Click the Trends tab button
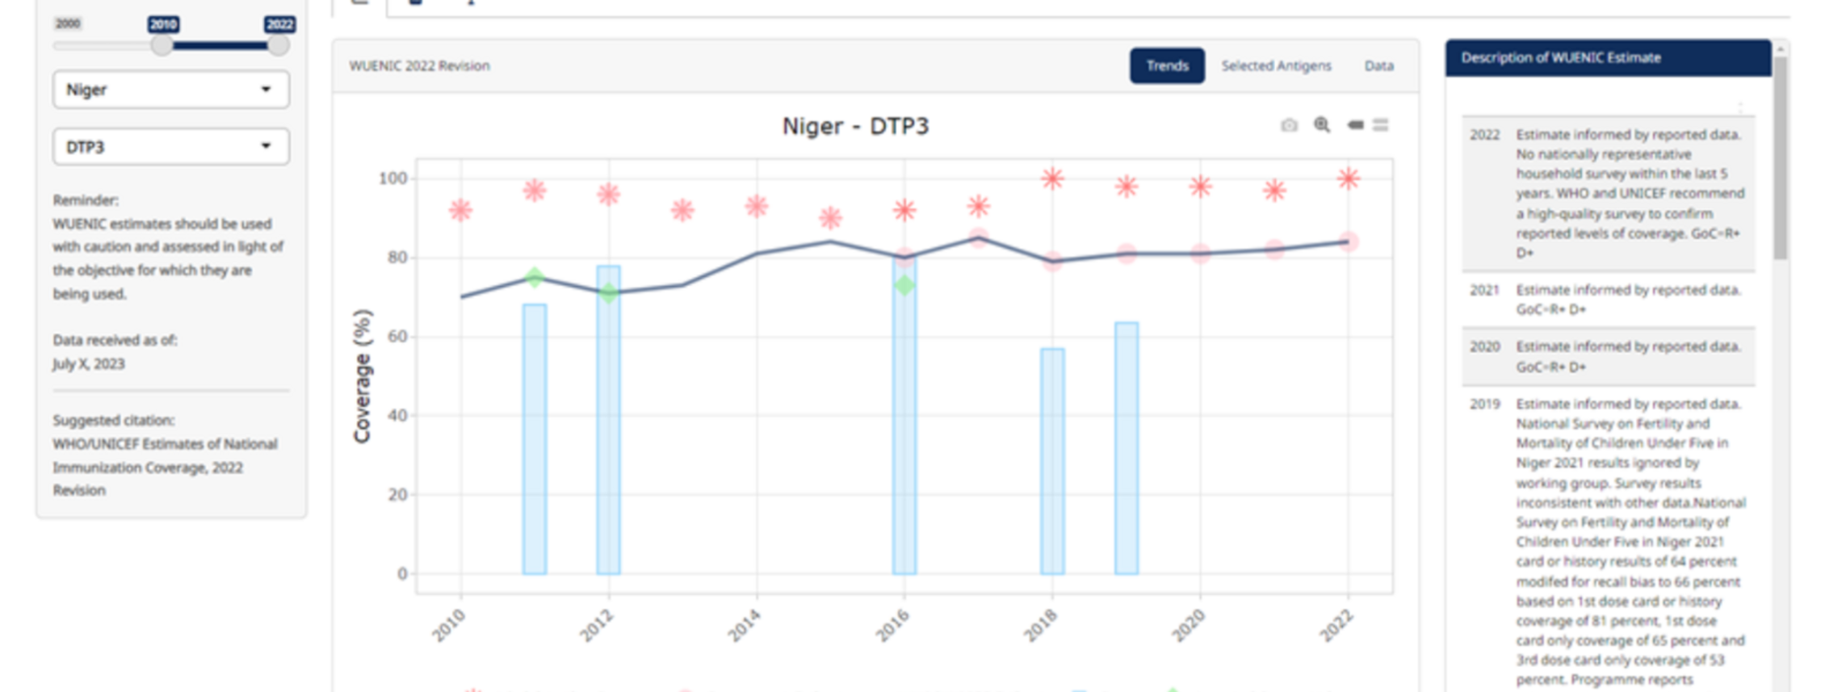tap(1166, 65)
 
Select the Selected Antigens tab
tap(1275, 65)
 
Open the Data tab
tap(1378, 65)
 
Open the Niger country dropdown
tap(170, 90)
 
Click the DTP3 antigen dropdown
tap(170, 147)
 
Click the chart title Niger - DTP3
tap(855, 126)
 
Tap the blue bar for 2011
tap(534, 439)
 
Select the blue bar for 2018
tap(1051, 461)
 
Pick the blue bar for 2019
tap(1126, 448)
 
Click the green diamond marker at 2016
tap(904, 285)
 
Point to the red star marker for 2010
tap(460, 210)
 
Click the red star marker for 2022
tap(1348, 178)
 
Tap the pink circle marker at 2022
tap(1348, 241)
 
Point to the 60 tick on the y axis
tap(397, 336)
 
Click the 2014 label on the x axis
tap(744, 626)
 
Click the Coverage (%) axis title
tap(362, 375)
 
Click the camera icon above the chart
tap(1289, 125)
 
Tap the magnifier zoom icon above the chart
tap(1322, 125)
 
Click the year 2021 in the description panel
tap(1484, 290)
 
